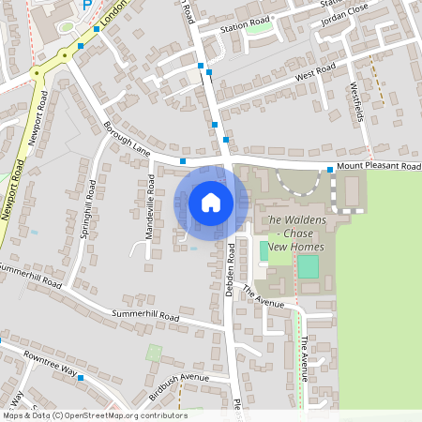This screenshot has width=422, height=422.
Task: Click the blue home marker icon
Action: [211, 202]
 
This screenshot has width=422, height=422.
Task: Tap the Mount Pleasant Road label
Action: [379, 165]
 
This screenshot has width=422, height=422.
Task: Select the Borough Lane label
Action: [127, 137]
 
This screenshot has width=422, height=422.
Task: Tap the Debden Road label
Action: [230, 272]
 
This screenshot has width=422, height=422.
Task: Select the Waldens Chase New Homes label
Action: [295, 234]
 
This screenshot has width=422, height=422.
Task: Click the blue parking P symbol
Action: [87, 5]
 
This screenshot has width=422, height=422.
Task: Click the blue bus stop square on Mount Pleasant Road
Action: [330, 170]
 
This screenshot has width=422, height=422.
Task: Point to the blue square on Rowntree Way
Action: [82, 377]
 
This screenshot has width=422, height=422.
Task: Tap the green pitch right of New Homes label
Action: [308, 265]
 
